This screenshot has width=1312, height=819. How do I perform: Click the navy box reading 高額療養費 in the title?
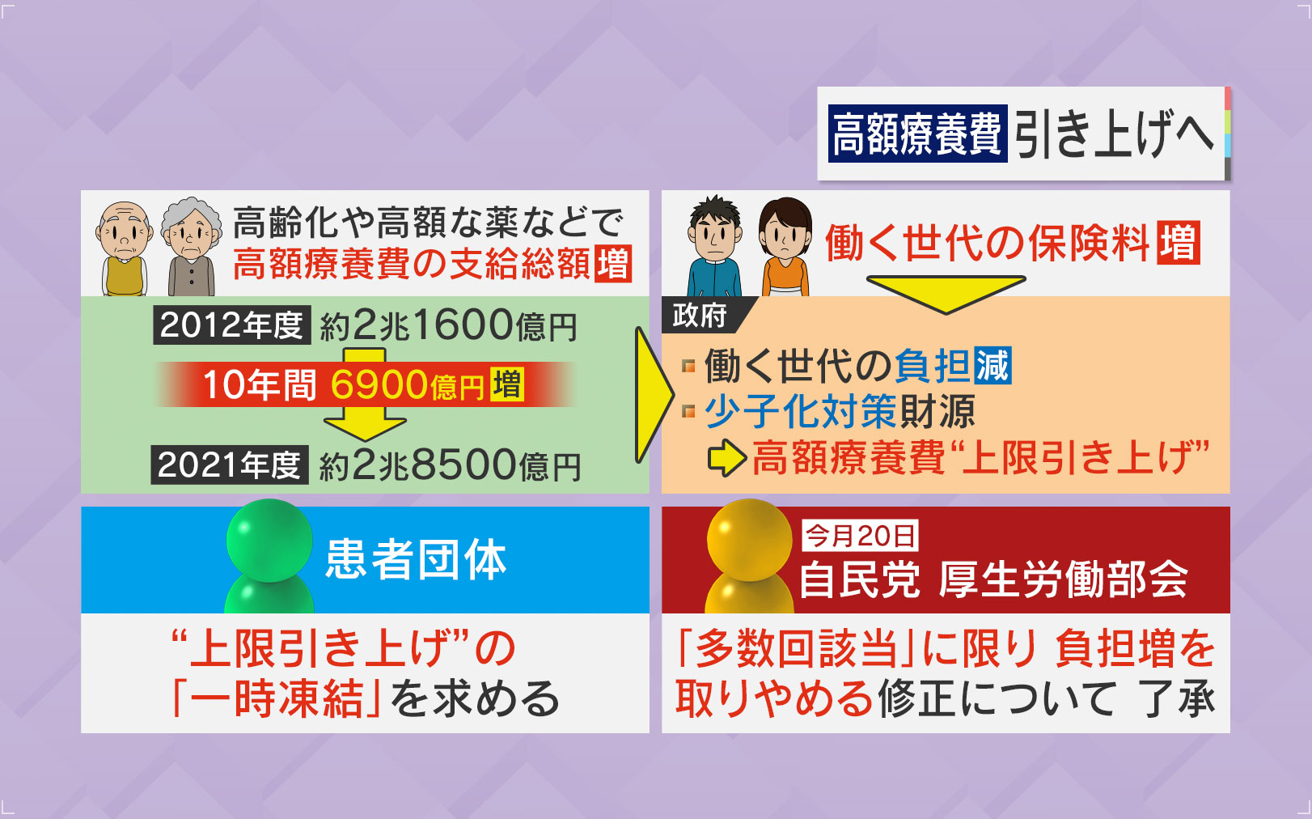tap(917, 133)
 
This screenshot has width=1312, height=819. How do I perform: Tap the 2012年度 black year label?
tap(232, 325)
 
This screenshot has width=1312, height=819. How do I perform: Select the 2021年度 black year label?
tap(230, 465)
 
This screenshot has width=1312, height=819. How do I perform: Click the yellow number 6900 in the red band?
tap(379, 384)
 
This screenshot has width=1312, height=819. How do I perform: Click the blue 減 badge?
tap(992, 366)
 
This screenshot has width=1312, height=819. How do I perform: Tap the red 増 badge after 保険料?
tap(1179, 243)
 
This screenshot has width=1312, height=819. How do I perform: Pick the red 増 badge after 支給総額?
tap(612, 264)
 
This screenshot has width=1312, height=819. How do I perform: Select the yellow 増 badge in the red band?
tap(507, 384)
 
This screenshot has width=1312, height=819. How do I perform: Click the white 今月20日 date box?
tap(860, 536)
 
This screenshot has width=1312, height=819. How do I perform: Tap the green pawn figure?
tap(269, 556)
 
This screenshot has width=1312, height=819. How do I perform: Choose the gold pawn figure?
tap(750, 556)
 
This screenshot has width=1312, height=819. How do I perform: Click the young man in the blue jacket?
tap(714, 246)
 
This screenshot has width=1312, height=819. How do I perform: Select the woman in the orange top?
tap(785, 246)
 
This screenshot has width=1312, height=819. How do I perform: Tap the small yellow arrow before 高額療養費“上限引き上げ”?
tap(727, 457)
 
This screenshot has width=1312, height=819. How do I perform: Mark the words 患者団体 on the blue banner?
tap(416, 559)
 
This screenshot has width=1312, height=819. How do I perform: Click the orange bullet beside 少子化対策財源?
tap(688, 411)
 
